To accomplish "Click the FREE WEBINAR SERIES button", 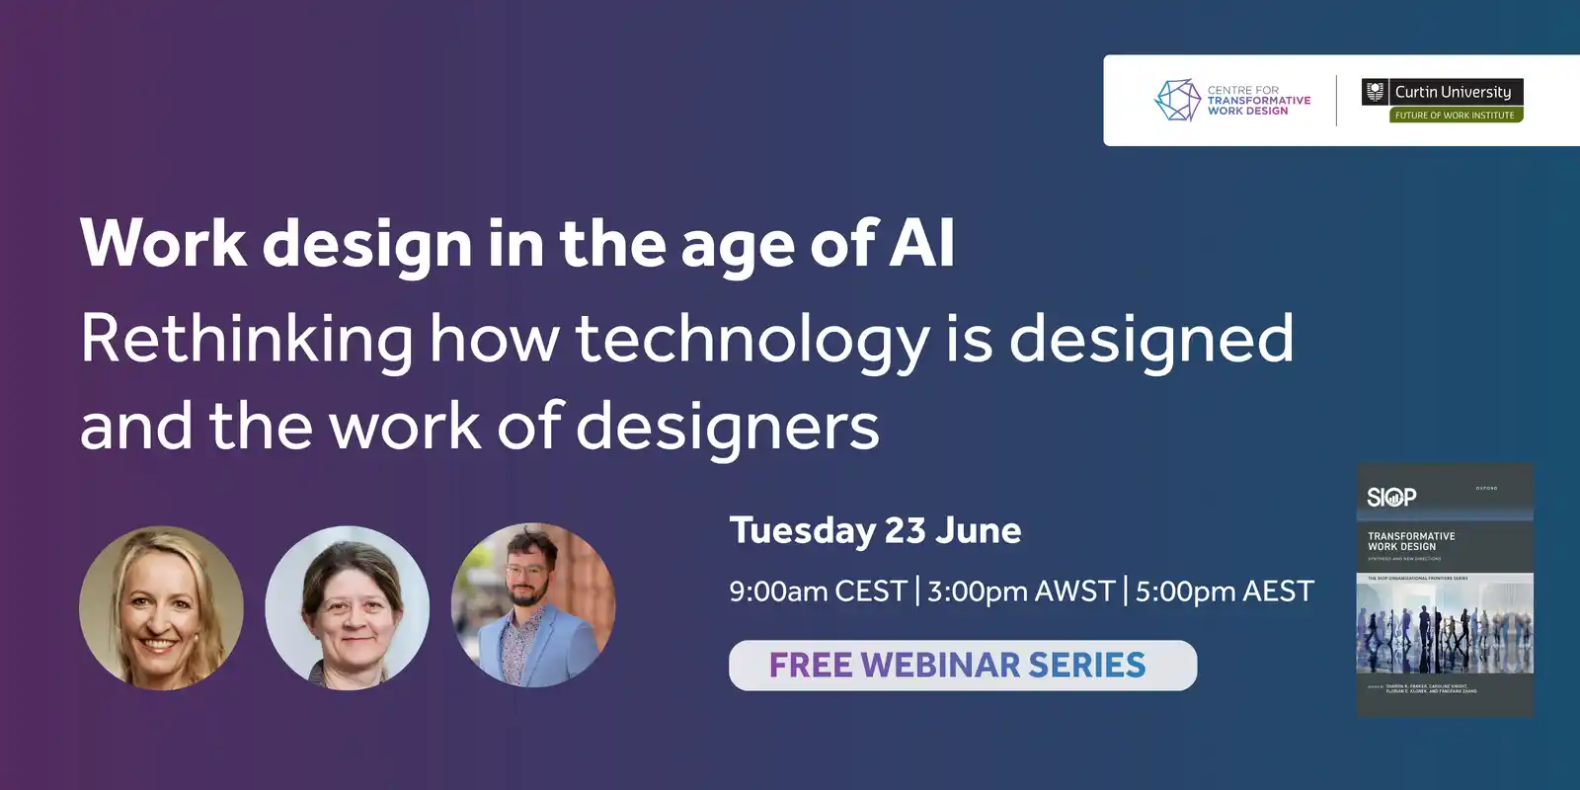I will click(x=962, y=666).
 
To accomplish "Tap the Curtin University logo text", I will click(x=1453, y=92).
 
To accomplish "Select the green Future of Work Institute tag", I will click(x=1455, y=116).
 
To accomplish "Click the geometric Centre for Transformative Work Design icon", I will click(x=1177, y=100).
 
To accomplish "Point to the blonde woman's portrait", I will click(x=161, y=607).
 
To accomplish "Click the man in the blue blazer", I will click(x=533, y=605).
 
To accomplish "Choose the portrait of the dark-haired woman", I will click(x=348, y=607).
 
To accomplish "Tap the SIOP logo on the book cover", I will click(x=1391, y=497).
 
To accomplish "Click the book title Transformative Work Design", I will click(x=1410, y=541).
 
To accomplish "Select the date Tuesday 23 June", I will click(x=875, y=530).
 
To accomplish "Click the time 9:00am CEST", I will click(x=818, y=592).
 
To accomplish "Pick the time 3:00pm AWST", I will click(x=1020, y=592).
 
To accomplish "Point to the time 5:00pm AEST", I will click(x=1224, y=592).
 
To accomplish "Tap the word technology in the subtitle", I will click(x=752, y=339).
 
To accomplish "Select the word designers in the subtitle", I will click(x=727, y=427).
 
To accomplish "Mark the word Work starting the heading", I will click(x=163, y=243).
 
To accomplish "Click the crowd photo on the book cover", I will click(x=1445, y=625).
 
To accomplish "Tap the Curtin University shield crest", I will click(x=1375, y=92).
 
